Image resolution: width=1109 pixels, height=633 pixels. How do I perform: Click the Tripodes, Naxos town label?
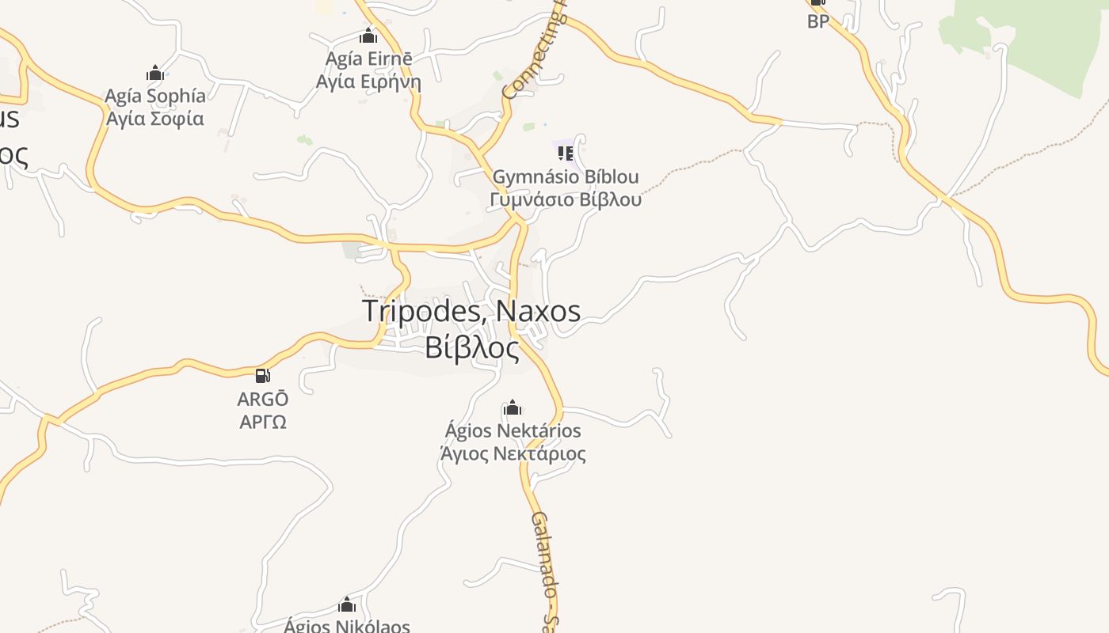click(x=471, y=311)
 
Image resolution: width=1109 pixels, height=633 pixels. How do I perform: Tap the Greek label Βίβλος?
click(x=472, y=348)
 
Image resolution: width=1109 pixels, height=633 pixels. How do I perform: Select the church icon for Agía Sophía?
click(x=155, y=74)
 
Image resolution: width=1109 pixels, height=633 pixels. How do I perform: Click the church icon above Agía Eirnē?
click(x=368, y=36)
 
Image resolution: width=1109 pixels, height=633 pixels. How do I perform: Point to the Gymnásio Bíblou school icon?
click(x=565, y=152)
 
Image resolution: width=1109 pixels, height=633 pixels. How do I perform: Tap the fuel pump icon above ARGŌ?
click(x=263, y=375)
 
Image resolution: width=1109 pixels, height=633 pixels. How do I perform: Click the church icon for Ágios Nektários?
click(x=513, y=408)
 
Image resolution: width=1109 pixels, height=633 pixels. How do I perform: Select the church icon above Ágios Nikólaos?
click(x=347, y=605)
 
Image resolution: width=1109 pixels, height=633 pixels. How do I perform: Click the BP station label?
click(x=818, y=21)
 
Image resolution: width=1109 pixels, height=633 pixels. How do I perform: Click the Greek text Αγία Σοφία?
click(x=155, y=119)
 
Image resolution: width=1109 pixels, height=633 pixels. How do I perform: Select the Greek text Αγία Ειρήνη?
click(x=368, y=81)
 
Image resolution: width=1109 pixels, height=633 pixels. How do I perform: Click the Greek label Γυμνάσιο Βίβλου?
click(x=566, y=199)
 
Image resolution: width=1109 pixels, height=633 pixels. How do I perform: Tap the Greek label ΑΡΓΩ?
click(x=263, y=422)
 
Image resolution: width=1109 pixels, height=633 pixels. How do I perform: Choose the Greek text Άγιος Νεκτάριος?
click(x=513, y=454)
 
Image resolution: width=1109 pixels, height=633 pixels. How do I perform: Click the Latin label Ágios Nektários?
click(x=513, y=431)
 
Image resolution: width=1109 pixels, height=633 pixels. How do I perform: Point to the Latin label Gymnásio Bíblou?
click(x=566, y=176)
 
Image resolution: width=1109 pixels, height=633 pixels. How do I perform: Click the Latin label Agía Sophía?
click(x=155, y=96)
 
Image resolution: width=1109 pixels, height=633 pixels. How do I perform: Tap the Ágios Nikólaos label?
click(x=347, y=626)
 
